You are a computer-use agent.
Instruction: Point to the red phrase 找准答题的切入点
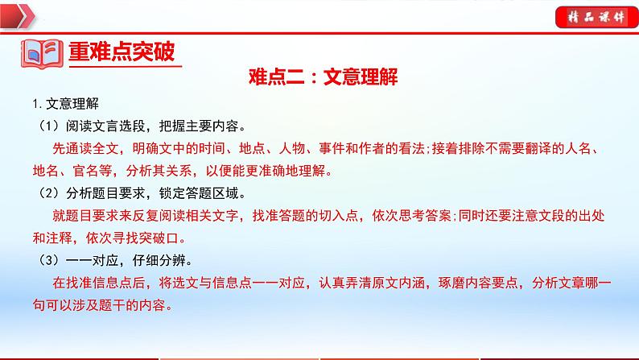click(x=290, y=217)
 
